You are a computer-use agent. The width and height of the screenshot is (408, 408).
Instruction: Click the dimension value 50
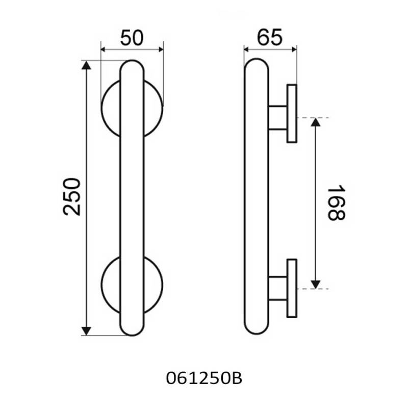(132, 38)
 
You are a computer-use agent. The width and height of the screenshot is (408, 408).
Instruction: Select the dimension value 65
(269, 37)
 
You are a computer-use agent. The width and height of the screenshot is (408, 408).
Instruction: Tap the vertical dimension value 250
(72, 197)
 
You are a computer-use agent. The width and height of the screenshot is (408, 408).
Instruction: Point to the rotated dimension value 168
(336, 202)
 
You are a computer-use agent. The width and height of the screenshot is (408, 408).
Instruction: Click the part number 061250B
(204, 378)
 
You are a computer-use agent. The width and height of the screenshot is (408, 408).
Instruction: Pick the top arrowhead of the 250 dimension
(86, 65)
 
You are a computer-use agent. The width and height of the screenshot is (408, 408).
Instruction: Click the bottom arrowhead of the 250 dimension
(86, 331)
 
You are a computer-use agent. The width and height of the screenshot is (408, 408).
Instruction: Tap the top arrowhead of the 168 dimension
(316, 122)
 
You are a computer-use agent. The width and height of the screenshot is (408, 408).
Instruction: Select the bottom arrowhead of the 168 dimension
(316, 285)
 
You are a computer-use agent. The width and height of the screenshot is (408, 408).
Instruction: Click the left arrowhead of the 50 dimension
(103, 49)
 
